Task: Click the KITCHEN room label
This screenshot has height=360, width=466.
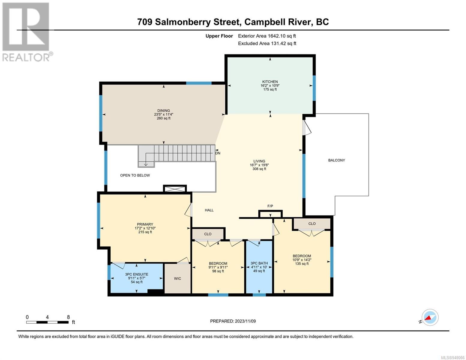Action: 270,82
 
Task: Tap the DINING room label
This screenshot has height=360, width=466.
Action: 164,111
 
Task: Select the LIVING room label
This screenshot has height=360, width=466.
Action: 259,161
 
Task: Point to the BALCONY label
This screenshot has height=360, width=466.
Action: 336,160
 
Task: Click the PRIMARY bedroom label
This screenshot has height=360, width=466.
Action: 145,224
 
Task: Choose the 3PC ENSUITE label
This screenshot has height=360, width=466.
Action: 137,274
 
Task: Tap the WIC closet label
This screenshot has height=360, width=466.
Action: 177,278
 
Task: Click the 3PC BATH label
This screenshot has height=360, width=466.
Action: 259,263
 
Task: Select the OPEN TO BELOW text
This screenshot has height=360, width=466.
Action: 135,175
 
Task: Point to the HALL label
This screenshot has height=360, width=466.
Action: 209,210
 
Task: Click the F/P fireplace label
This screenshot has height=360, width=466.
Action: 270,206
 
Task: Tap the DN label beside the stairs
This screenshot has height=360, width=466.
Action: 218,153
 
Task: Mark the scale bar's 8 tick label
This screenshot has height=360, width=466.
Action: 68,317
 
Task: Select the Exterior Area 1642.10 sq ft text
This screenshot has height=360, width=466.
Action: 267,36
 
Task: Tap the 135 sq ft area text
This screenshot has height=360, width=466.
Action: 302,263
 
